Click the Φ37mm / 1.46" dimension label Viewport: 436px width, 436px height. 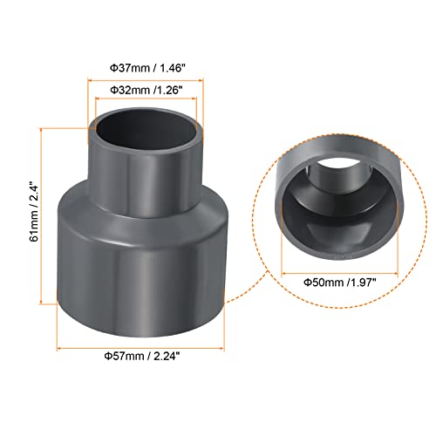(x=147, y=68)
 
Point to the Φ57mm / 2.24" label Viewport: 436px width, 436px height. (x=142, y=356)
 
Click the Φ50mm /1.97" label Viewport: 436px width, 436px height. (x=340, y=283)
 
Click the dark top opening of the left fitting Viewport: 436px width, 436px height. (x=146, y=130)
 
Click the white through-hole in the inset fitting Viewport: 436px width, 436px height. (x=339, y=164)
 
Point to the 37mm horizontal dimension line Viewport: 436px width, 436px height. (x=146, y=80)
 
